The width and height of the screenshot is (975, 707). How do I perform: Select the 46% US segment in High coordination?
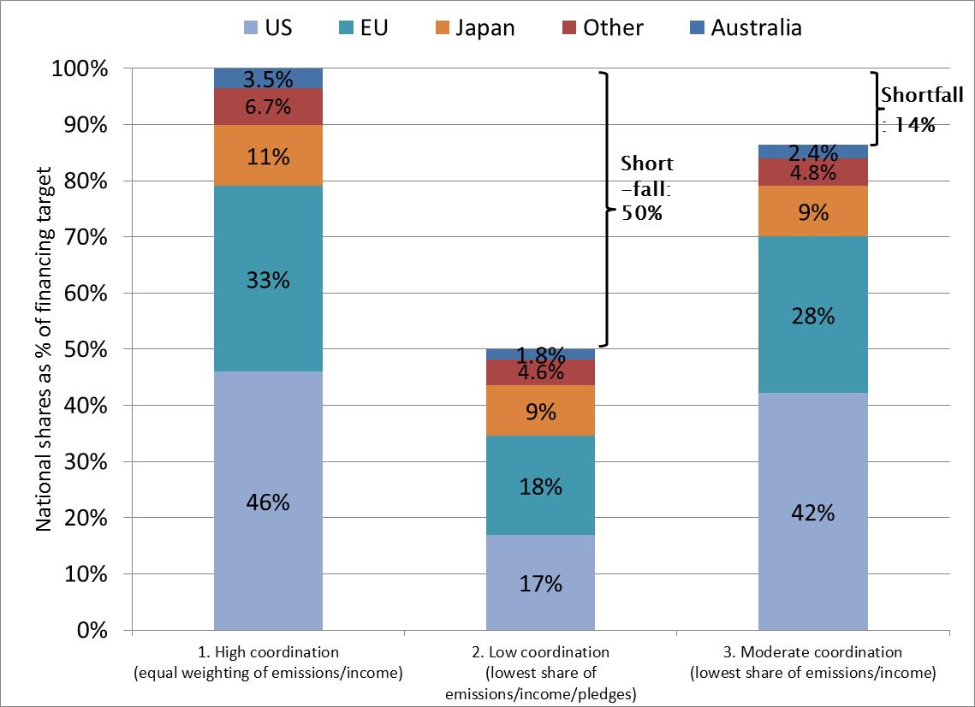click(x=268, y=502)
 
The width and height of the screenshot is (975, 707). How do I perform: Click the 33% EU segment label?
click(x=268, y=280)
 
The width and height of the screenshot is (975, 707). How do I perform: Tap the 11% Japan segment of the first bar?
click(x=268, y=157)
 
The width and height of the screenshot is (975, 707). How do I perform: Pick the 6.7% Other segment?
click(x=268, y=107)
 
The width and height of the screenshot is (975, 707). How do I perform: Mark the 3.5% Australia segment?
click(x=268, y=80)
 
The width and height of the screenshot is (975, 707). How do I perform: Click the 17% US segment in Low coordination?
click(x=540, y=584)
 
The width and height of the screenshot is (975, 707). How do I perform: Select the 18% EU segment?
click(x=540, y=487)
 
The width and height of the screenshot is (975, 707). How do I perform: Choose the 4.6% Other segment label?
click(x=540, y=372)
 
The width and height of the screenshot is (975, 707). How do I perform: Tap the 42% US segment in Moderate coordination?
click(x=812, y=513)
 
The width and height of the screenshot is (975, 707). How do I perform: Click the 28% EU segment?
click(x=812, y=316)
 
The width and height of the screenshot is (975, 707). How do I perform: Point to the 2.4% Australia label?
click(x=812, y=152)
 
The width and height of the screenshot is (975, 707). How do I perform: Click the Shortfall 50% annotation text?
click(x=646, y=187)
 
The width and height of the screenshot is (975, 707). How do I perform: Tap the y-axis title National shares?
click(x=44, y=349)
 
